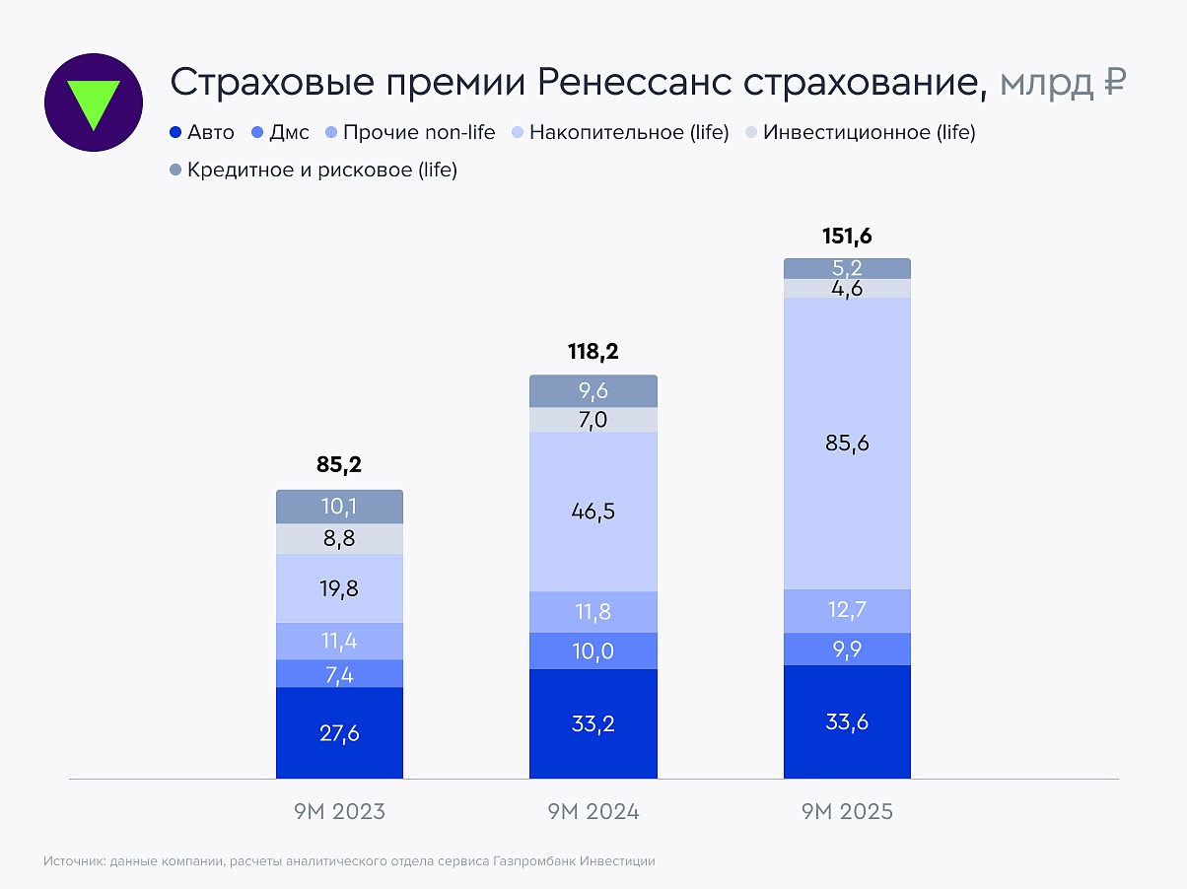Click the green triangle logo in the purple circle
94,103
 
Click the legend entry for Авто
202,132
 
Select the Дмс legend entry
285,132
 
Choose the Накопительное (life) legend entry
620,132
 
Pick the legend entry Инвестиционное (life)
860,132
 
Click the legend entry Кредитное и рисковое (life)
313,171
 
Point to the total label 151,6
847,237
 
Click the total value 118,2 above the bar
593,353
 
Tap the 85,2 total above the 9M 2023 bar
339,465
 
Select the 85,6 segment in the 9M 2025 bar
847,444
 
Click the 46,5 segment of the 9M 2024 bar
593,512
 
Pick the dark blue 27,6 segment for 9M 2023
339,733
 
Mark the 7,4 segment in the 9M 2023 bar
339,674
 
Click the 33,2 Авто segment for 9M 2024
593,724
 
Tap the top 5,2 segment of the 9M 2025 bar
847,268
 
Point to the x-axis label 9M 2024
593,812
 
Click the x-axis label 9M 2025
847,812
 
